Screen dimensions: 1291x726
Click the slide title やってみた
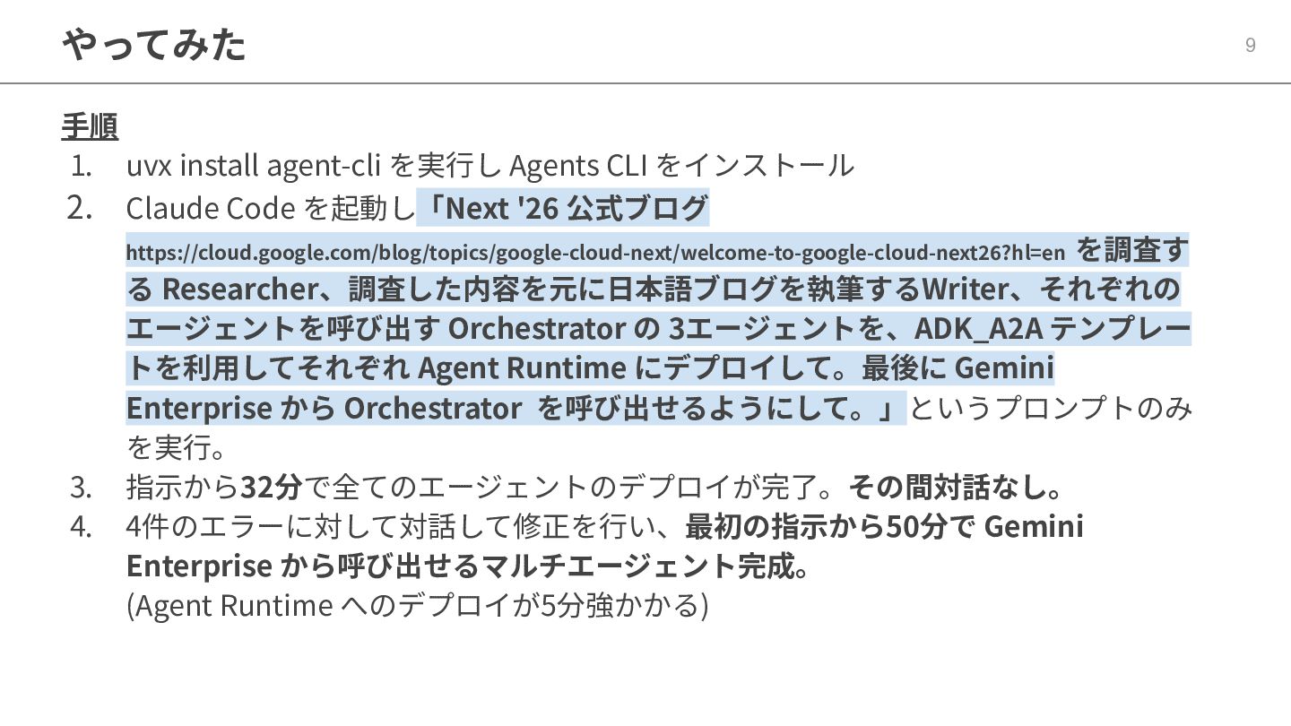(154, 44)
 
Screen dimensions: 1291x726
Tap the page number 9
(1250, 46)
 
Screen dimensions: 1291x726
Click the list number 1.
(81, 166)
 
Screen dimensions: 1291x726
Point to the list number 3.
(81, 488)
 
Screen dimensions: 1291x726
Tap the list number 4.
(81, 527)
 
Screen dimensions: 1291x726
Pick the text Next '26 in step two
(502, 209)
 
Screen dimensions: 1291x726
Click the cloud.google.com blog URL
(595, 253)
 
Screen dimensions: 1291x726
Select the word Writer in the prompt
(965, 290)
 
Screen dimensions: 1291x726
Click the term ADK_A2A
(978, 329)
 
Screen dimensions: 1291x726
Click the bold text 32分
(272, 488)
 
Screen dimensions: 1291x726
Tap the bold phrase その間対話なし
(955, 488)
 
